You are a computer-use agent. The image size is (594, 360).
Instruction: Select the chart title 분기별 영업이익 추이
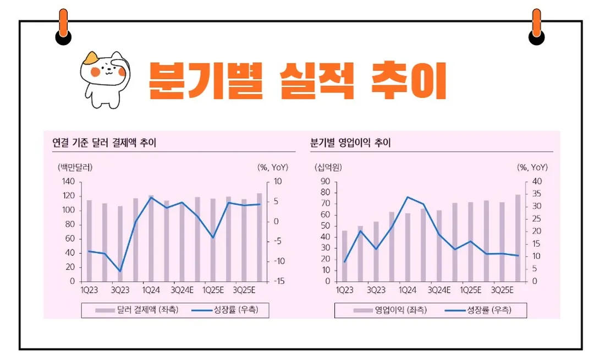[x=350, y=143]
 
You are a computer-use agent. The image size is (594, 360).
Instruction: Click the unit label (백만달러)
[x=74, y=167]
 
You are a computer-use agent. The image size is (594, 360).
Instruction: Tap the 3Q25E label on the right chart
[x=502, y=290]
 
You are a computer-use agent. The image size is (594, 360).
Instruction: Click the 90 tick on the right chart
[x=325, y=182]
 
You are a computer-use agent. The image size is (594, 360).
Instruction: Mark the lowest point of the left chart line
[x=120, y=271]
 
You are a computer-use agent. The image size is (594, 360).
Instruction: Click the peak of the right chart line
[x=408, y=197]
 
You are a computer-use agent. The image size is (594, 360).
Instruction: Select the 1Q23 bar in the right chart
[x=345, y=256]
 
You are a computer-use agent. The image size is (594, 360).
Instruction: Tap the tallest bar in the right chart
[x=518, y=238]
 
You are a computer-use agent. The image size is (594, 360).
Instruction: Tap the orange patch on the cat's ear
[x=91, y=57]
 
